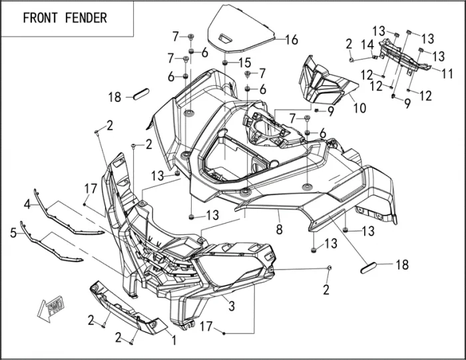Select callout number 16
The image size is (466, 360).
[291, 40]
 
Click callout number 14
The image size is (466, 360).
[367, 45]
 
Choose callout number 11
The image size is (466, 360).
[447, 72]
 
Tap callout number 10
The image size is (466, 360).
[359, 106]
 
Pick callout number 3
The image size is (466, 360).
[231, 307]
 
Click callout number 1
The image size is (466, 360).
[174, 340]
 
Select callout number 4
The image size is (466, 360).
[27, 202]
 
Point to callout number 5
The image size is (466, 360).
[13, 233]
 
